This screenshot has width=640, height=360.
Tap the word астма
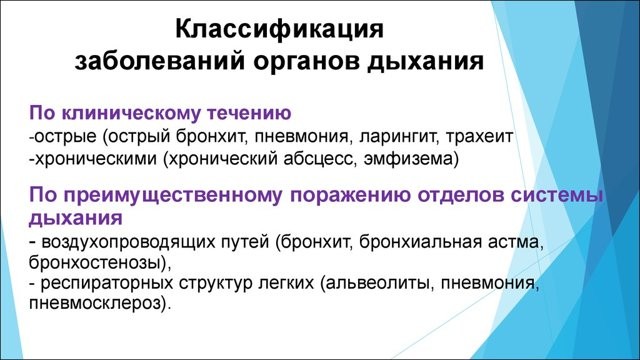click(x=516, y=241)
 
